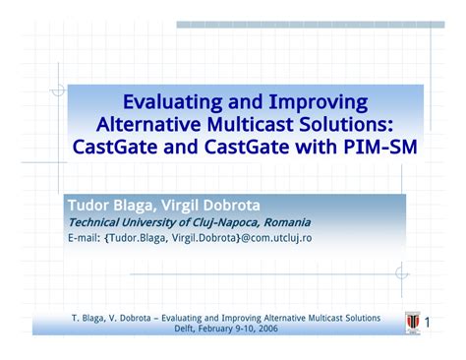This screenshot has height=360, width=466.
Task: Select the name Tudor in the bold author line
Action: pyautogui.click(x=87, y=206)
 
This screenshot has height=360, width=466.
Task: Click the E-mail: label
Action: pyautogui.click(x=85, y=238)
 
